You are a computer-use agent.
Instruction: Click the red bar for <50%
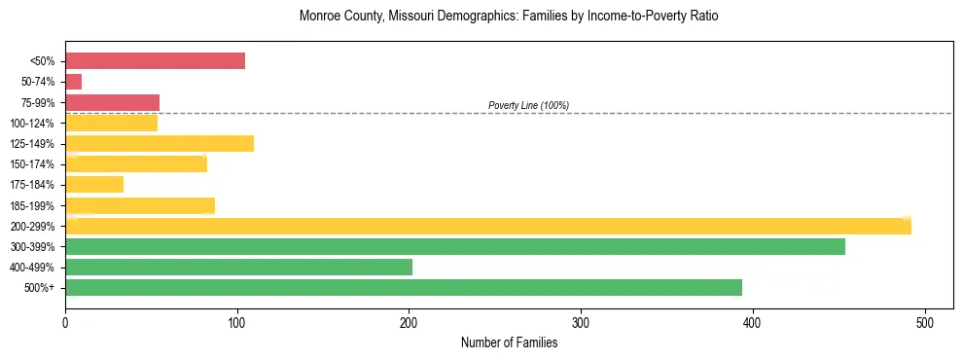[155, 61]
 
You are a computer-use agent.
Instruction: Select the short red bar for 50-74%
[73, 82]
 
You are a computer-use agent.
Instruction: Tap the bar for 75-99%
[112, 102]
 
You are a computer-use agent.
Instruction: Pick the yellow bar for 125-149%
[160, 144]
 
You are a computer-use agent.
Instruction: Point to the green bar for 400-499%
[238, 267]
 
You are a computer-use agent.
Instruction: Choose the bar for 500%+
[404, 287]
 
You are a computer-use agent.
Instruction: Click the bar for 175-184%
[94, 185]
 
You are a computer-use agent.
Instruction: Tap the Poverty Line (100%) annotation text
[528, 105]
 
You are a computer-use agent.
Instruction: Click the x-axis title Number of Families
[509, 342]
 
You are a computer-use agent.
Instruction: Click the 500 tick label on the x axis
[925, 321]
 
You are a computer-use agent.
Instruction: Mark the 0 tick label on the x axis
[65, 321]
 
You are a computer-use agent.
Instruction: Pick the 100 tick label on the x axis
[237, 321]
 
